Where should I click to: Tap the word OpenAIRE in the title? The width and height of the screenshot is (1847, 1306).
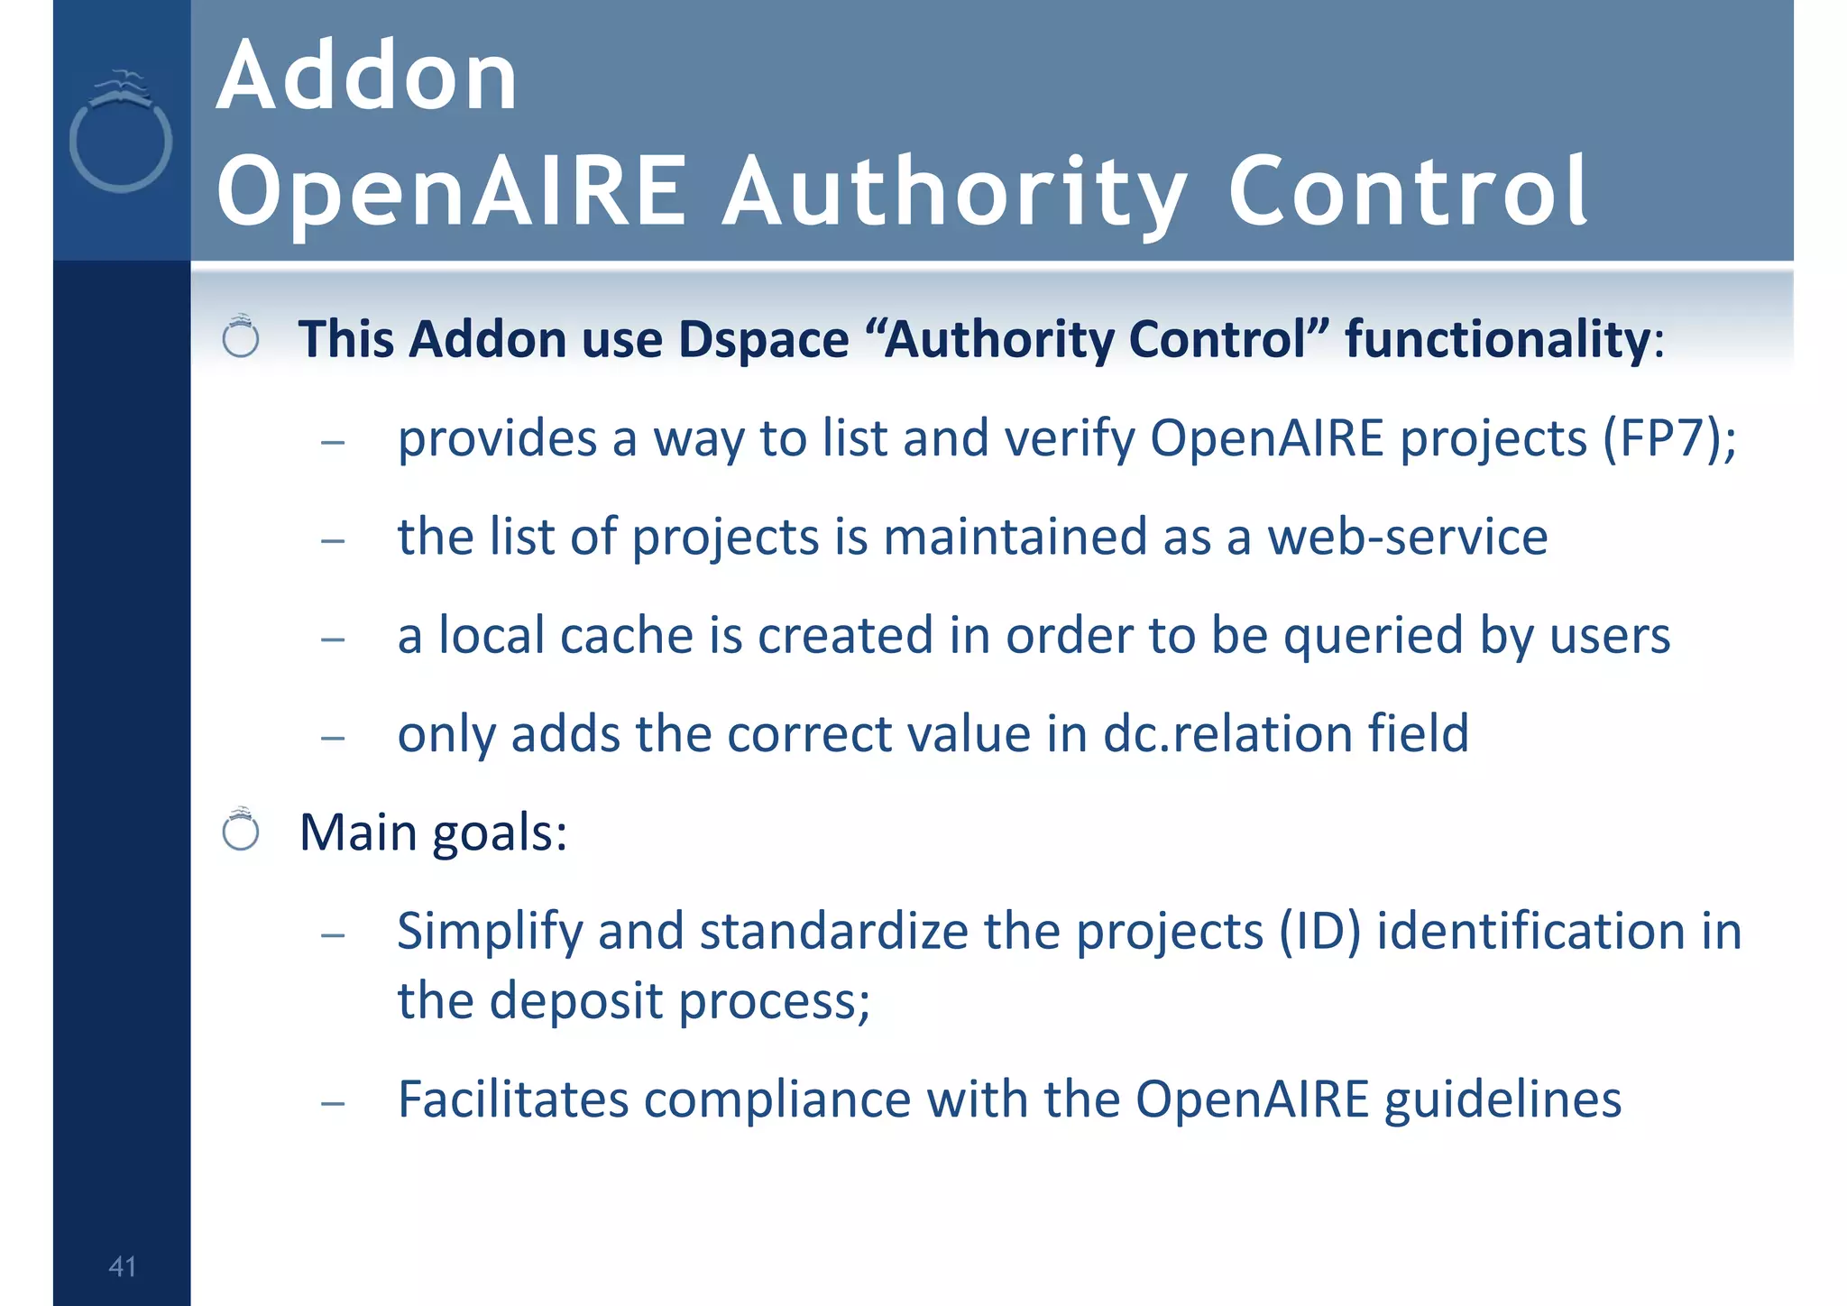(452, 191)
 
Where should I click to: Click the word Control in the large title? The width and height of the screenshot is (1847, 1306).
(1407, 191)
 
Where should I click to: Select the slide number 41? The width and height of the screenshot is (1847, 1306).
(122, 1266)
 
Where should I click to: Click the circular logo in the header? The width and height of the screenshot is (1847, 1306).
(121, 135)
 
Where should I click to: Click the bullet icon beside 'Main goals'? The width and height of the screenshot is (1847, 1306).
(241, 830)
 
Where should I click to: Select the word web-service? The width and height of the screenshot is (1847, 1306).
(1408, 537)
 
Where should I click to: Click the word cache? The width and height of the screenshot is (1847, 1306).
(628, 635)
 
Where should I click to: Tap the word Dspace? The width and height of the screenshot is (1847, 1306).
(763, 340)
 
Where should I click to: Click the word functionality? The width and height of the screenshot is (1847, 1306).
(1497, 340)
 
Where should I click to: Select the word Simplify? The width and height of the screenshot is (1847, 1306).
(490, 931)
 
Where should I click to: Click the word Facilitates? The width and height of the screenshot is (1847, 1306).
(513, 1099)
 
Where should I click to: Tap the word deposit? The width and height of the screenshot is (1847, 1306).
(576, 1001)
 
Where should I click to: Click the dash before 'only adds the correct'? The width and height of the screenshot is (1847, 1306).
(333, 737)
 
